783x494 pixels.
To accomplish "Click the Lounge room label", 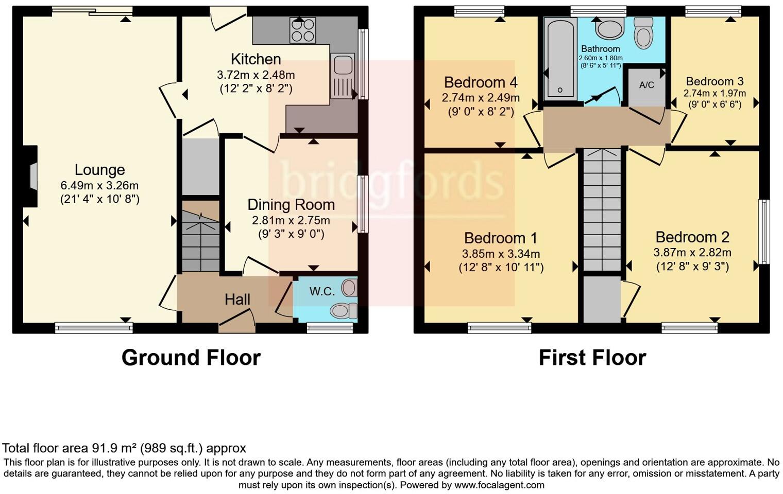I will click(x=99, y=170).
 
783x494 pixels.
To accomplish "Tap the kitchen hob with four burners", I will click(x=303, y=30).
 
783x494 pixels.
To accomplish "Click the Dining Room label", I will click(x=291, y=205).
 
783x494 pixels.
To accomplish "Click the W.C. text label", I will click(x=322, y=291).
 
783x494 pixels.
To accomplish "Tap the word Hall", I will click(x=237, y=299).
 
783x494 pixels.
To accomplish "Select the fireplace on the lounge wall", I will click(x=33, y=177).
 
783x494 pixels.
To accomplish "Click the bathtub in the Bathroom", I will click(x=560, y=58).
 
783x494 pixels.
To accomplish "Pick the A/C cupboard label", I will click(x=646, y=85).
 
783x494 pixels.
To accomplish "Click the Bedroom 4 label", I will click(x=481, y=82).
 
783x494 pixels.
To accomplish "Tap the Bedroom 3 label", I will click(x=714, y=81).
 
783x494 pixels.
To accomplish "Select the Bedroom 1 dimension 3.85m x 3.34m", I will click(x=501, y=254).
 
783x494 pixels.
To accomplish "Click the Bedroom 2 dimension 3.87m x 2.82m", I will click(x=692, y=252).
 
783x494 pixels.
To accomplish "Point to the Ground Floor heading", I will click(x=191, y=358).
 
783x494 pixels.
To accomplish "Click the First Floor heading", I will click(x=592, y=358).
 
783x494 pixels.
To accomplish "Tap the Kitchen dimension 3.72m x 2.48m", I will click(x=256, y=75).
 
